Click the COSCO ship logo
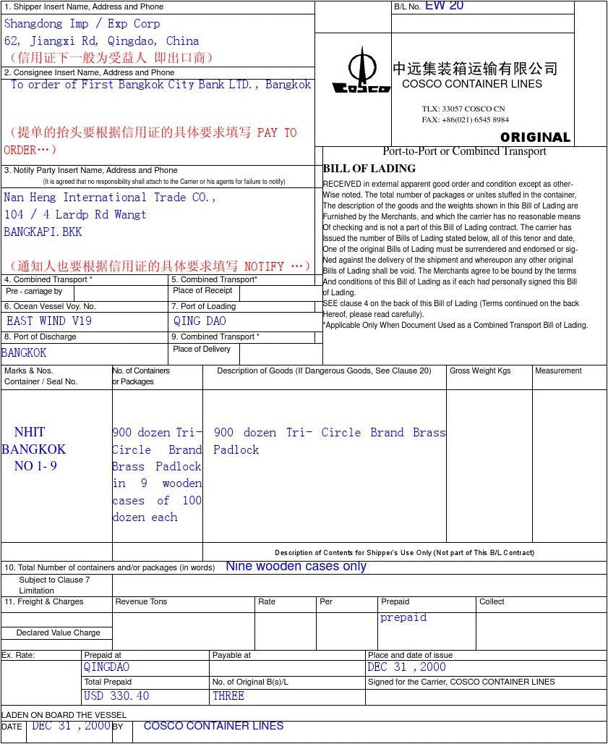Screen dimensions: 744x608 tap(361, 71)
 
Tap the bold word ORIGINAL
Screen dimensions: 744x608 tap(535, 138)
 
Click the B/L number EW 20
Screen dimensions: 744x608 tap(444, 6)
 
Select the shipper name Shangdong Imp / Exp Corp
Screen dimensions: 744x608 tap(82, 24)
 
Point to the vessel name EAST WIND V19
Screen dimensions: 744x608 tap(49, 321)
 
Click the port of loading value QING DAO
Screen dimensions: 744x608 tap(200, 321)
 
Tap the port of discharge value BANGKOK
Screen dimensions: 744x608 tap(24, 352)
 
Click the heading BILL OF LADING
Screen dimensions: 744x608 tap(369, 169)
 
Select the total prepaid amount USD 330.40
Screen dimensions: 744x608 tap(116, 696)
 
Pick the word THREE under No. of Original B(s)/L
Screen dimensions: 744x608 tap(228, 696)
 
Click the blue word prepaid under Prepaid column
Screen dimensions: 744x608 tap(403, 617)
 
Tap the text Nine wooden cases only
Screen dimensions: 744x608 tap(296, 566)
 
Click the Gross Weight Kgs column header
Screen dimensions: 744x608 tap(480, 371)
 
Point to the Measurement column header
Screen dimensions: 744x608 tap(558, 371)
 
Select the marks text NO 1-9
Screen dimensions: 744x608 tap(35, 466)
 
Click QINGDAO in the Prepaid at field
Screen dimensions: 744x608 tap(106, 667)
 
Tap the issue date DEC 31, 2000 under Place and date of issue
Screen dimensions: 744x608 tap(406, 667)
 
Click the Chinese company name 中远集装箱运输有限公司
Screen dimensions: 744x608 tap(475, 69)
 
